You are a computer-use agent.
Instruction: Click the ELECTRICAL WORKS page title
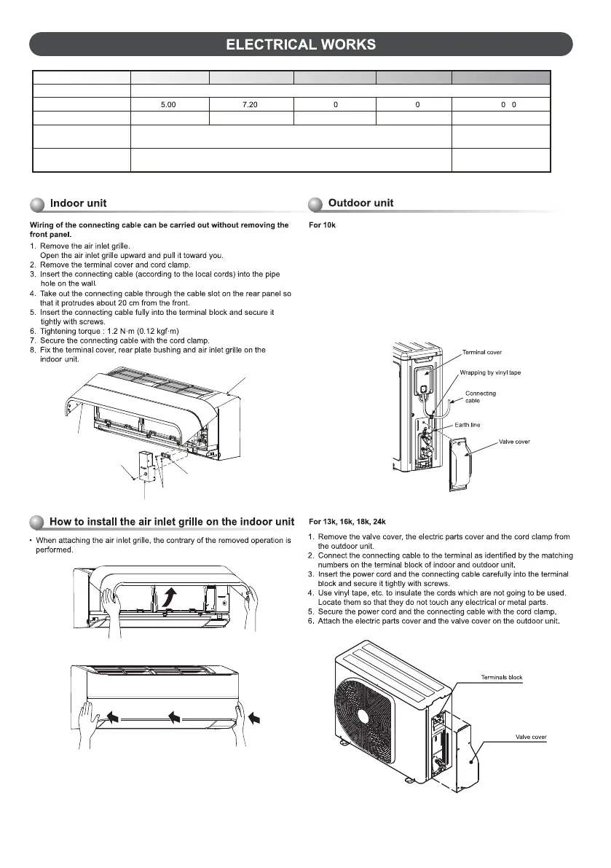301,44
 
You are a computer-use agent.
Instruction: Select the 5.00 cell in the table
168,105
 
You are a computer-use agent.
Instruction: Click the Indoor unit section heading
79,203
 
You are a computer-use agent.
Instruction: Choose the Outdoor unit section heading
360,203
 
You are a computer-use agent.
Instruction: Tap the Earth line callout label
480,425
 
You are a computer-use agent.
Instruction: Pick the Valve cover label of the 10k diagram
513,442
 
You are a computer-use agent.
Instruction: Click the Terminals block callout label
502,678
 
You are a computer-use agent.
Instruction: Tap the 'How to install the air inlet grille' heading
171,522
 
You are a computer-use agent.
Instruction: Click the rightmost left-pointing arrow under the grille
254,717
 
